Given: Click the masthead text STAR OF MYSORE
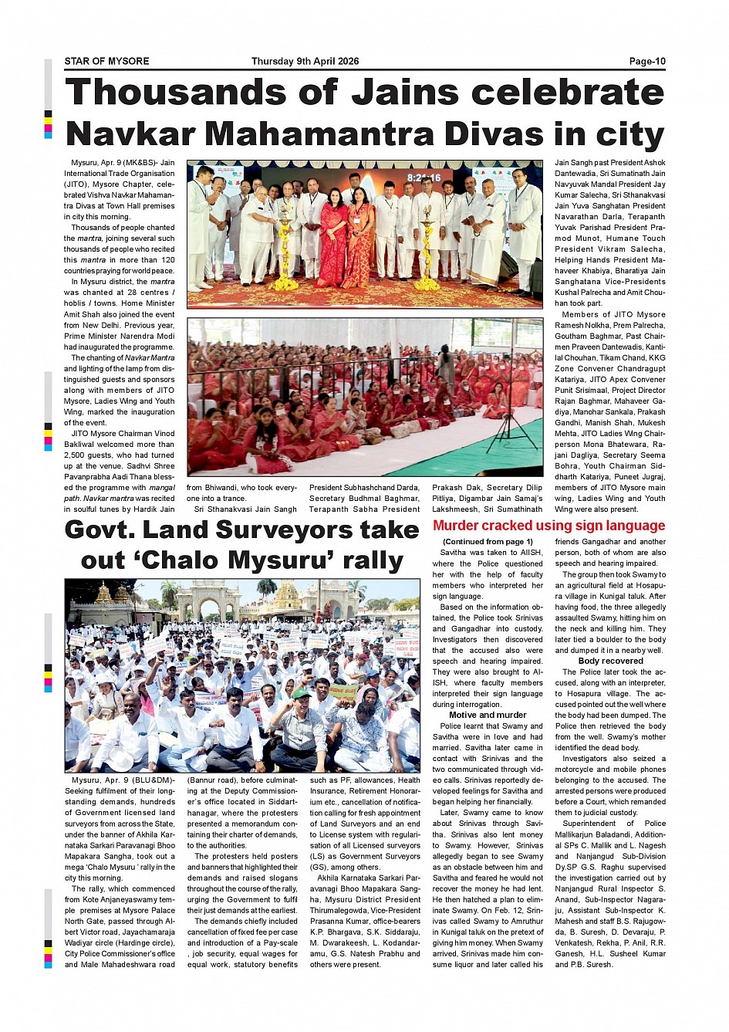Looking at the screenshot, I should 106,62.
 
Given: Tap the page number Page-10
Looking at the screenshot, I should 646,62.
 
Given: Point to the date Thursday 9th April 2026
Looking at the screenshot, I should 305,62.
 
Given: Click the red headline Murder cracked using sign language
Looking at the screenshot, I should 548,526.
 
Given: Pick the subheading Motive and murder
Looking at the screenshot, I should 488,715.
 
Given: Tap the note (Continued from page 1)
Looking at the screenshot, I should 488,542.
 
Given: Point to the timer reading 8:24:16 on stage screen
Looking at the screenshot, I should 424,178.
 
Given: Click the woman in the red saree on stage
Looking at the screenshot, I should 332,235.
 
